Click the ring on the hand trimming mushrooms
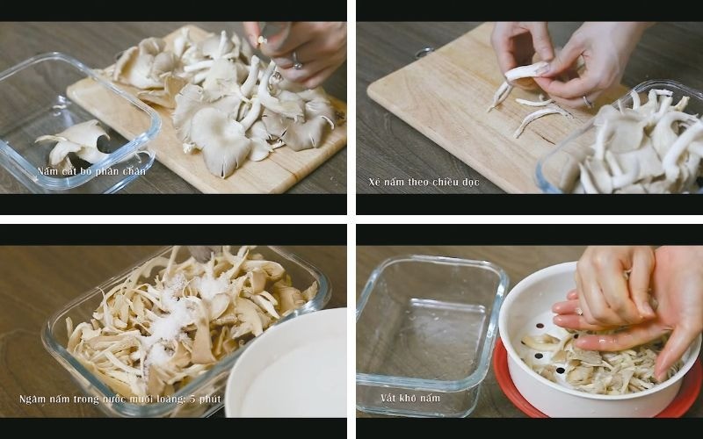[x=297, y=61]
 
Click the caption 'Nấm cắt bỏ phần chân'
[x=91, y=171]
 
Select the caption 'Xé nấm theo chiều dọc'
[x=424, y=182]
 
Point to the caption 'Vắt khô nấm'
[x=410, y=398]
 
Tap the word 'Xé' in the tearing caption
[x=375, y=182]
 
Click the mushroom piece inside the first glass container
[x=74, y=141]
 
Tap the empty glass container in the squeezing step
[x=430, y=334]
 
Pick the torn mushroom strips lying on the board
[x=538, y=114]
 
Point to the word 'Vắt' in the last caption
[x=388, y=398]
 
